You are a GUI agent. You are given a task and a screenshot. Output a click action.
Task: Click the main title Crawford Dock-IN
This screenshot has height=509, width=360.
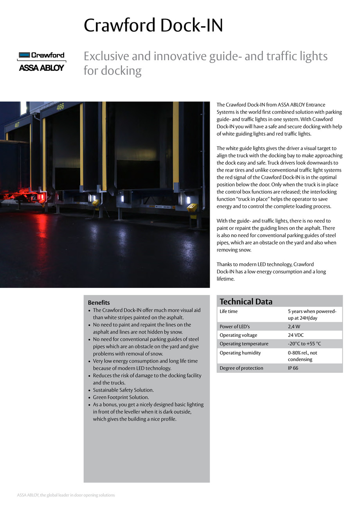[x=153, y=26]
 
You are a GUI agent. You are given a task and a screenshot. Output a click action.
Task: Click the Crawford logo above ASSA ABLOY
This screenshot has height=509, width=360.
[x=41, y=55]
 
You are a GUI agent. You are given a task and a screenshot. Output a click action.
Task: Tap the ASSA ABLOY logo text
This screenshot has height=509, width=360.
[x=41, y=68]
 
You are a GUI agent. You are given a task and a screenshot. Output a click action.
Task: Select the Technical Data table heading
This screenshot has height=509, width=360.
[x=246, y=302]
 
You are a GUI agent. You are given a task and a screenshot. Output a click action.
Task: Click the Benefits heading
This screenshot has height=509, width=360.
[x=99, y=303]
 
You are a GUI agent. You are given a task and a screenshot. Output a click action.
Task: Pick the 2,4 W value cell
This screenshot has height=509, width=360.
[x=294, y=327]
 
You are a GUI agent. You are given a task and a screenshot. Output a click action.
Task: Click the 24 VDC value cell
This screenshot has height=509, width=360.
[x=295, y=335]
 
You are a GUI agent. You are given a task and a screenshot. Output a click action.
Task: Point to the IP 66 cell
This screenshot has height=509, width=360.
[x=293, y=368]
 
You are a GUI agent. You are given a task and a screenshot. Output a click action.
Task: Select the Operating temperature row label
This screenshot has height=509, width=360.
[x=244, y=344]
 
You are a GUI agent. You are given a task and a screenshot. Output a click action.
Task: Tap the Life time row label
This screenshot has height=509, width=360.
[x=229, y=312]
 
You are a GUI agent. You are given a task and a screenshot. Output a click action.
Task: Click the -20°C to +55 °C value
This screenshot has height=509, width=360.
[x=304, y=344]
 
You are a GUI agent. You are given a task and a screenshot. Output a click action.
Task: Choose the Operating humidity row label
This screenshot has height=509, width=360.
[x=240, y=353]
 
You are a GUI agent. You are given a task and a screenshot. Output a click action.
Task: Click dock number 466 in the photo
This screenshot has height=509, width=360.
[x=60, y=106]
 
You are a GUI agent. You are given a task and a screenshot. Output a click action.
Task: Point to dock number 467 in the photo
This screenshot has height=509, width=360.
[x=17, y=125]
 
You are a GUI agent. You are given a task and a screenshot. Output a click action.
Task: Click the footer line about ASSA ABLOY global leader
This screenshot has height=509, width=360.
[x=66, y=495]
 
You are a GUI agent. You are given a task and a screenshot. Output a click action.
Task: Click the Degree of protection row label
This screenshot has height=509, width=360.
[x=241, y=368]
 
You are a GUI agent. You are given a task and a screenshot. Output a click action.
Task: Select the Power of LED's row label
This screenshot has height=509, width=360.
[x=234, y=327]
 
